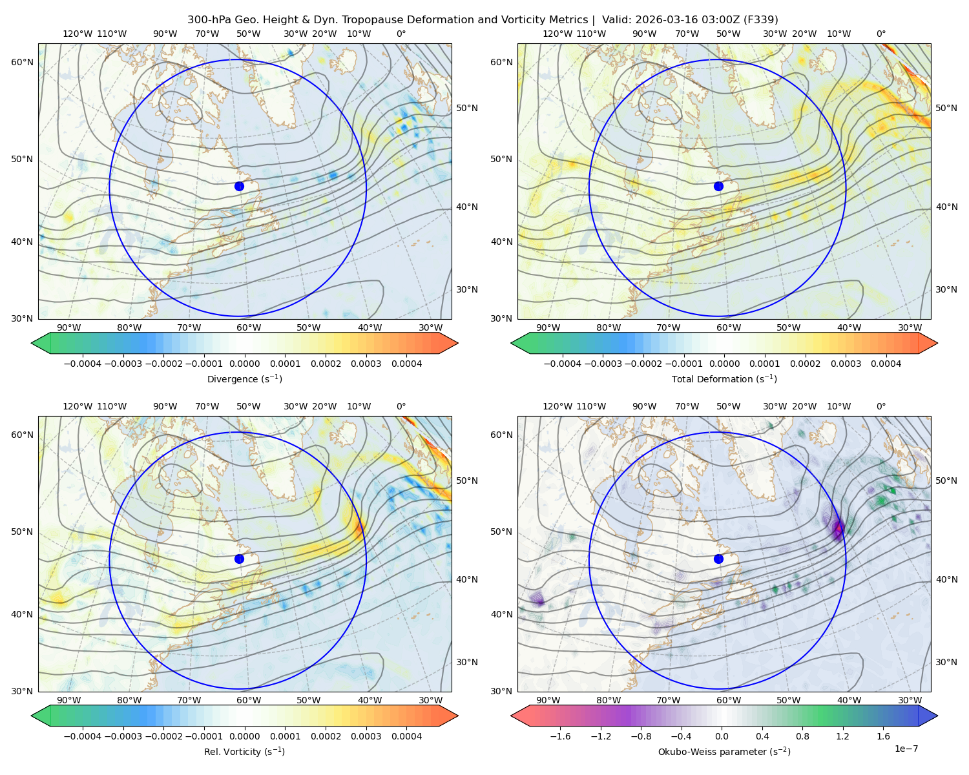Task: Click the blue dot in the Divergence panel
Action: pyautogui.click(x=239, y=186)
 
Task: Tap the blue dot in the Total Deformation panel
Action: pyautogui.click(x=718, y=186)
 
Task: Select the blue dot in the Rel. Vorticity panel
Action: pyautogui.click(x=239, y=559)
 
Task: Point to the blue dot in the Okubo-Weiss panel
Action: pyautogui.click(x=718, y=559)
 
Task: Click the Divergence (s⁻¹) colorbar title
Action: pyautogui.click(x=244, y=378)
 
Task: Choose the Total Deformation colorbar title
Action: pyautogui.click(x=724, y=378)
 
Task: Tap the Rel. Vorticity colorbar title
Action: pyautogui.click(x=244, y=751)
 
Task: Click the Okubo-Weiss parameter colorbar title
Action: pyautogui.click(x=724, y=751)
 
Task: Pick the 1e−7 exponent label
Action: pyautogui.click(x=906, y=749)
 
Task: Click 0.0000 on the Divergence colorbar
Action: pyautogui.click(x=244, y=364)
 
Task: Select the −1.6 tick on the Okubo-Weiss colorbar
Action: pyautogui.click(x=560, y=736)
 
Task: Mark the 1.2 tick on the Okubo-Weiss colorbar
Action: pyautogui.click(x=842, y=736)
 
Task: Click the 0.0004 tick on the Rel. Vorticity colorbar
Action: pyautogui.click(x=406, y=736)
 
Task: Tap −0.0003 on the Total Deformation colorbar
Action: pyautogui.click(x=603, y=364)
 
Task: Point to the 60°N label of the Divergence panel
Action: pyautogui.click(x=22, y=62)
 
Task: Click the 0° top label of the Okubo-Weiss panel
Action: pyautogui.click(x=881, y=406)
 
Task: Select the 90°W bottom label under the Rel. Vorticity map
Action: pyautogui.click(x=69, y=700)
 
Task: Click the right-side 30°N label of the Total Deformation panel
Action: pyautogui.click(x=946, y=289)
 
